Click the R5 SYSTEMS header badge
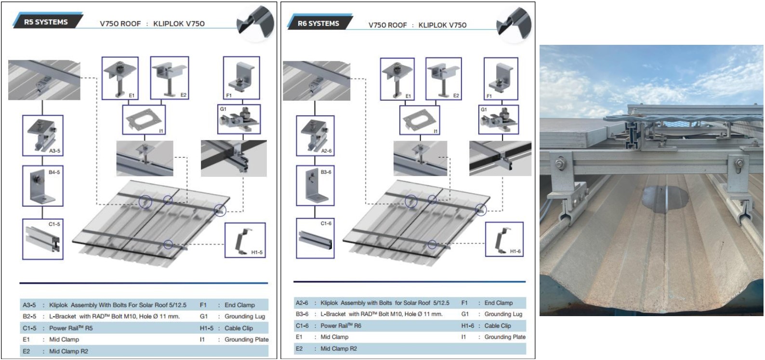pos(46,22)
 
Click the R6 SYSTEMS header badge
pos(318,23)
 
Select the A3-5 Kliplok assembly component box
pos(43,135)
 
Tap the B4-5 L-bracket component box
pos(43,186)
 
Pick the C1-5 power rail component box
pos(43,239)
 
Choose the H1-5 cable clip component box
pos(245,240)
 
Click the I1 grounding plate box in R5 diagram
pos(144,120)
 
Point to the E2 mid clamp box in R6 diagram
pos(443,79)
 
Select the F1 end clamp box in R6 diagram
pos(501,79)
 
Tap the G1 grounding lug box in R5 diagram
pos(239,119)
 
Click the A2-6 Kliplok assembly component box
pos(315,135)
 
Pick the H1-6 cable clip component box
pos(504,239)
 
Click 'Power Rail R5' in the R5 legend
pos(71,328)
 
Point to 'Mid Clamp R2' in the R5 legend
pos(68,351)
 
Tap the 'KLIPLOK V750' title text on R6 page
pos(442,25)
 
